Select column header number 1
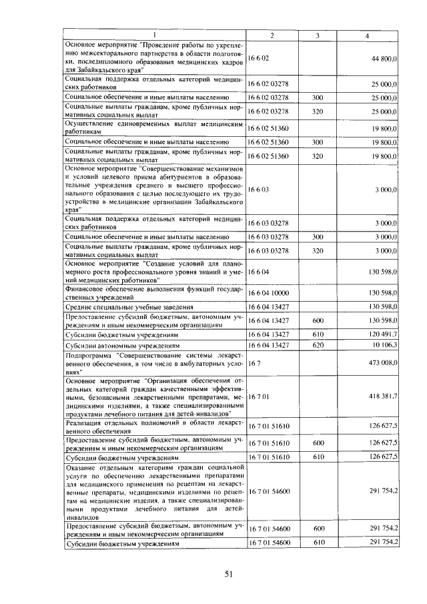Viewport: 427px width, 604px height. coord(155,35)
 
